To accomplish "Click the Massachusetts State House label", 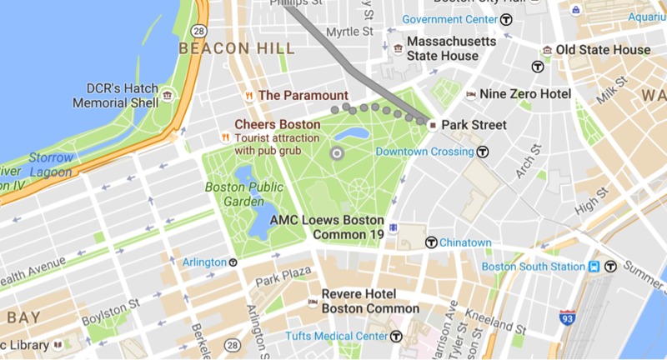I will click(x=451, y=48).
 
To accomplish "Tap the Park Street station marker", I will click(x=433, y=125).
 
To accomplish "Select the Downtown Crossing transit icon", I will click(x=481, y=152).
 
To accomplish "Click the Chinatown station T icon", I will click(x=430, y=242).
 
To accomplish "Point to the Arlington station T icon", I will click(x=233, y=262).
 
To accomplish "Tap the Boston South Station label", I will click(x=533, y=267).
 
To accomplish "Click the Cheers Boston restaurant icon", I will click(x=223, y=137).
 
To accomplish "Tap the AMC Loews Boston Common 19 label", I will click(x=349, y=227).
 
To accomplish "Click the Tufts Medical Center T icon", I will click(x=396, y=336).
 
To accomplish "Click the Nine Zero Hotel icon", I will click(x=471, y=94).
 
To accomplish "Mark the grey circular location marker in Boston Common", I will click(x=337, y=153).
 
